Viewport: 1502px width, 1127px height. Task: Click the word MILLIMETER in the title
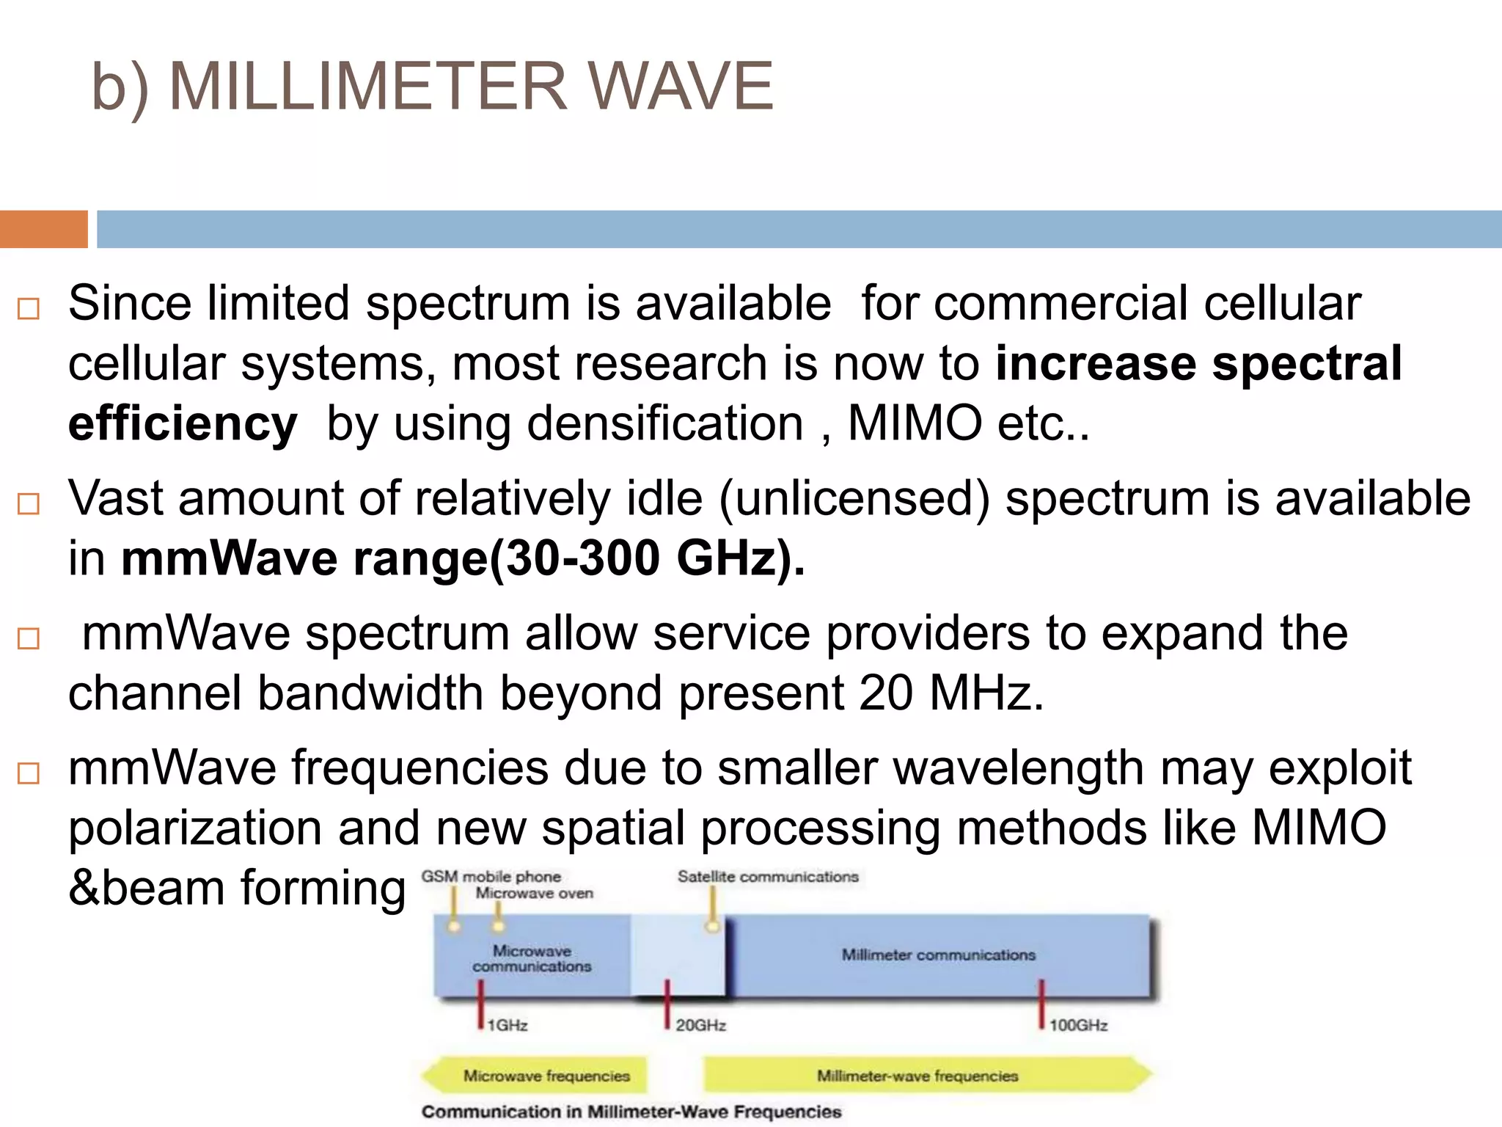click(x=369, y=86)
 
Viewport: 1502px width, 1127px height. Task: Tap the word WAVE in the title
click(x=681, y=86)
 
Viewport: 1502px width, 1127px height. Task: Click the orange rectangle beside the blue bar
click(x=43, y=229)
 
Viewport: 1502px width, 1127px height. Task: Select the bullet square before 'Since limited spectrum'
click(x=28, y=309)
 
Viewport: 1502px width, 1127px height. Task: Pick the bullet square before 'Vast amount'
click(x=28, y=504)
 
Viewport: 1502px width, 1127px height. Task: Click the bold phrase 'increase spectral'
click(x=1198, y=363)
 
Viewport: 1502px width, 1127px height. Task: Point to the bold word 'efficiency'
click(x=183, y=424)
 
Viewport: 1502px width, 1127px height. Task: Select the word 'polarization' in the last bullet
click(x=195, y=828)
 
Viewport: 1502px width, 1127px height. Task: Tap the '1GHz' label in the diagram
click(x=508, y=1025)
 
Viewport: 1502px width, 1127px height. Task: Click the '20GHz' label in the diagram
click(x=700, y=1025)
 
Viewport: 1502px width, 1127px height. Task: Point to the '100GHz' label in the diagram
click(x=1078, y=1025)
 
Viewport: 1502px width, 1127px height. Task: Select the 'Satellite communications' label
click(x=767, y=877)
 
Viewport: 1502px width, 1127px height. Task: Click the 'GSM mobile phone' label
click(x=491, y=877)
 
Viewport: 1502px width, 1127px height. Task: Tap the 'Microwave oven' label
click(x=534, y=894)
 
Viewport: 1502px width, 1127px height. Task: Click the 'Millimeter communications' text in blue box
click(x=938, y=955)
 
